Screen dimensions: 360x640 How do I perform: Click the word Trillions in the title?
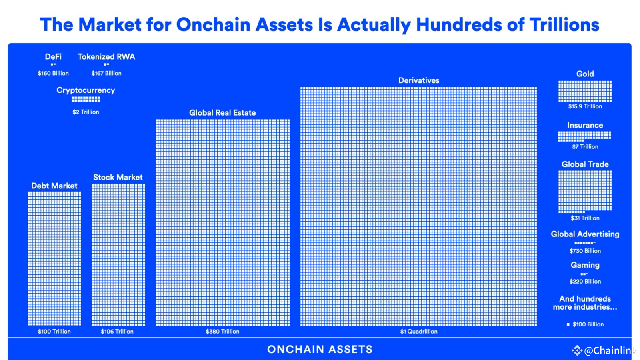coord(564,25)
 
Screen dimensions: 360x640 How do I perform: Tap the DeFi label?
coord(53,56)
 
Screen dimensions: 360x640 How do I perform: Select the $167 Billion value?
coord(106,73)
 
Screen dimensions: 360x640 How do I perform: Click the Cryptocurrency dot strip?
coord(86,99)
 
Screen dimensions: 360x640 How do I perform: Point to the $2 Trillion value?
coord(86,112)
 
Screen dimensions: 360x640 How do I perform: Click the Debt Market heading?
coord(54,186)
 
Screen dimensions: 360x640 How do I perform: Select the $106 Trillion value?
coord(117,331)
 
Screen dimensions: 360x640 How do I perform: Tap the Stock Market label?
coord(118,177)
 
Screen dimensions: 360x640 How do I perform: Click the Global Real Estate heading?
coord(222,113)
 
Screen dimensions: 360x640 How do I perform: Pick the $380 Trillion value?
coord(222,331)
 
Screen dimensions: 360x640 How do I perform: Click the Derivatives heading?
coord(419,80)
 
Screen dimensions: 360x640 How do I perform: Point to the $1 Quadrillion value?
coord(419,331)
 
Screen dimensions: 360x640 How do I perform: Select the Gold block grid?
coord(585,91)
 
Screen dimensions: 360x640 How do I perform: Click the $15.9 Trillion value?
coord(585,106)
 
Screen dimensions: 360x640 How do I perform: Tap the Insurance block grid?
coord(584,136)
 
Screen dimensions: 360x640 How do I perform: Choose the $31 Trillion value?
coord(585,218)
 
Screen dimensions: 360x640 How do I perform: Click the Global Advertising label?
coord(585,234)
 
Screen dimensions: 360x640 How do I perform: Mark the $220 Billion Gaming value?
coord(585,281)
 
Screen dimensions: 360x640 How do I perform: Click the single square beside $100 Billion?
coord(568,324)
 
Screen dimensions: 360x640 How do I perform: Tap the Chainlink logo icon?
coord(577,350)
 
